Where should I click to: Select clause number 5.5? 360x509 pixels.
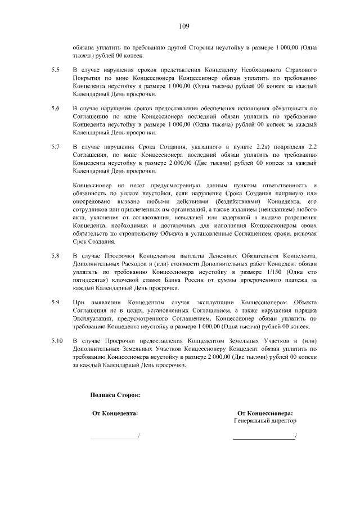click(x=55, y=70)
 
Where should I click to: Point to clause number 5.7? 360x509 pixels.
click(x=55, y=147)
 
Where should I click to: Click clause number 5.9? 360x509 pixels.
click(x=55, y=303)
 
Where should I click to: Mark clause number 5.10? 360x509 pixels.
click(x=57, y=341)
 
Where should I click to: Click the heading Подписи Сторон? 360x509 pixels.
click(x=115, y=395)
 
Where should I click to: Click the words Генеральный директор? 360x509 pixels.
click(x=265, y=421)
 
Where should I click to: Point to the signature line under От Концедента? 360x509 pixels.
click(x=114, y=438)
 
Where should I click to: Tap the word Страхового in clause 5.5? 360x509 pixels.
click(x=302, y=70)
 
